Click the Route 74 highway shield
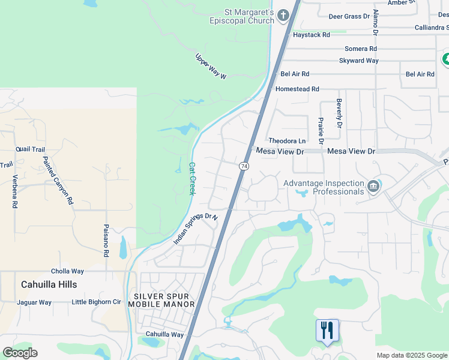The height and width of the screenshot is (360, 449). tap(244, 166)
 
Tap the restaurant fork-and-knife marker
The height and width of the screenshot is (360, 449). tap(327, 331)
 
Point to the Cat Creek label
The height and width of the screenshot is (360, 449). tap(192, 178)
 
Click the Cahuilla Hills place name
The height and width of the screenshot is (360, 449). tap(49, 284)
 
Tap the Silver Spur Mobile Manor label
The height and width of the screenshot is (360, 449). tap(164, 300)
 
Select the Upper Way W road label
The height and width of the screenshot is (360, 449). tap(211, 67)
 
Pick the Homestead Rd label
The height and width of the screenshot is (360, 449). tap(297, 89)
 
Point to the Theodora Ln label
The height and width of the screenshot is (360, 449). tap(287, 141)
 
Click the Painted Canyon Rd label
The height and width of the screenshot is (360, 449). tap(58, 181)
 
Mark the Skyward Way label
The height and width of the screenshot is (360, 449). tap(358, 61)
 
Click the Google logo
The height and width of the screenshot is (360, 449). tap(20, 353)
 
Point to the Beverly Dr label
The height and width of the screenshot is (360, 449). tap(339, 113)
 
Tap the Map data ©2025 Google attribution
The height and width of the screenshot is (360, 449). tap(412, 355)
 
